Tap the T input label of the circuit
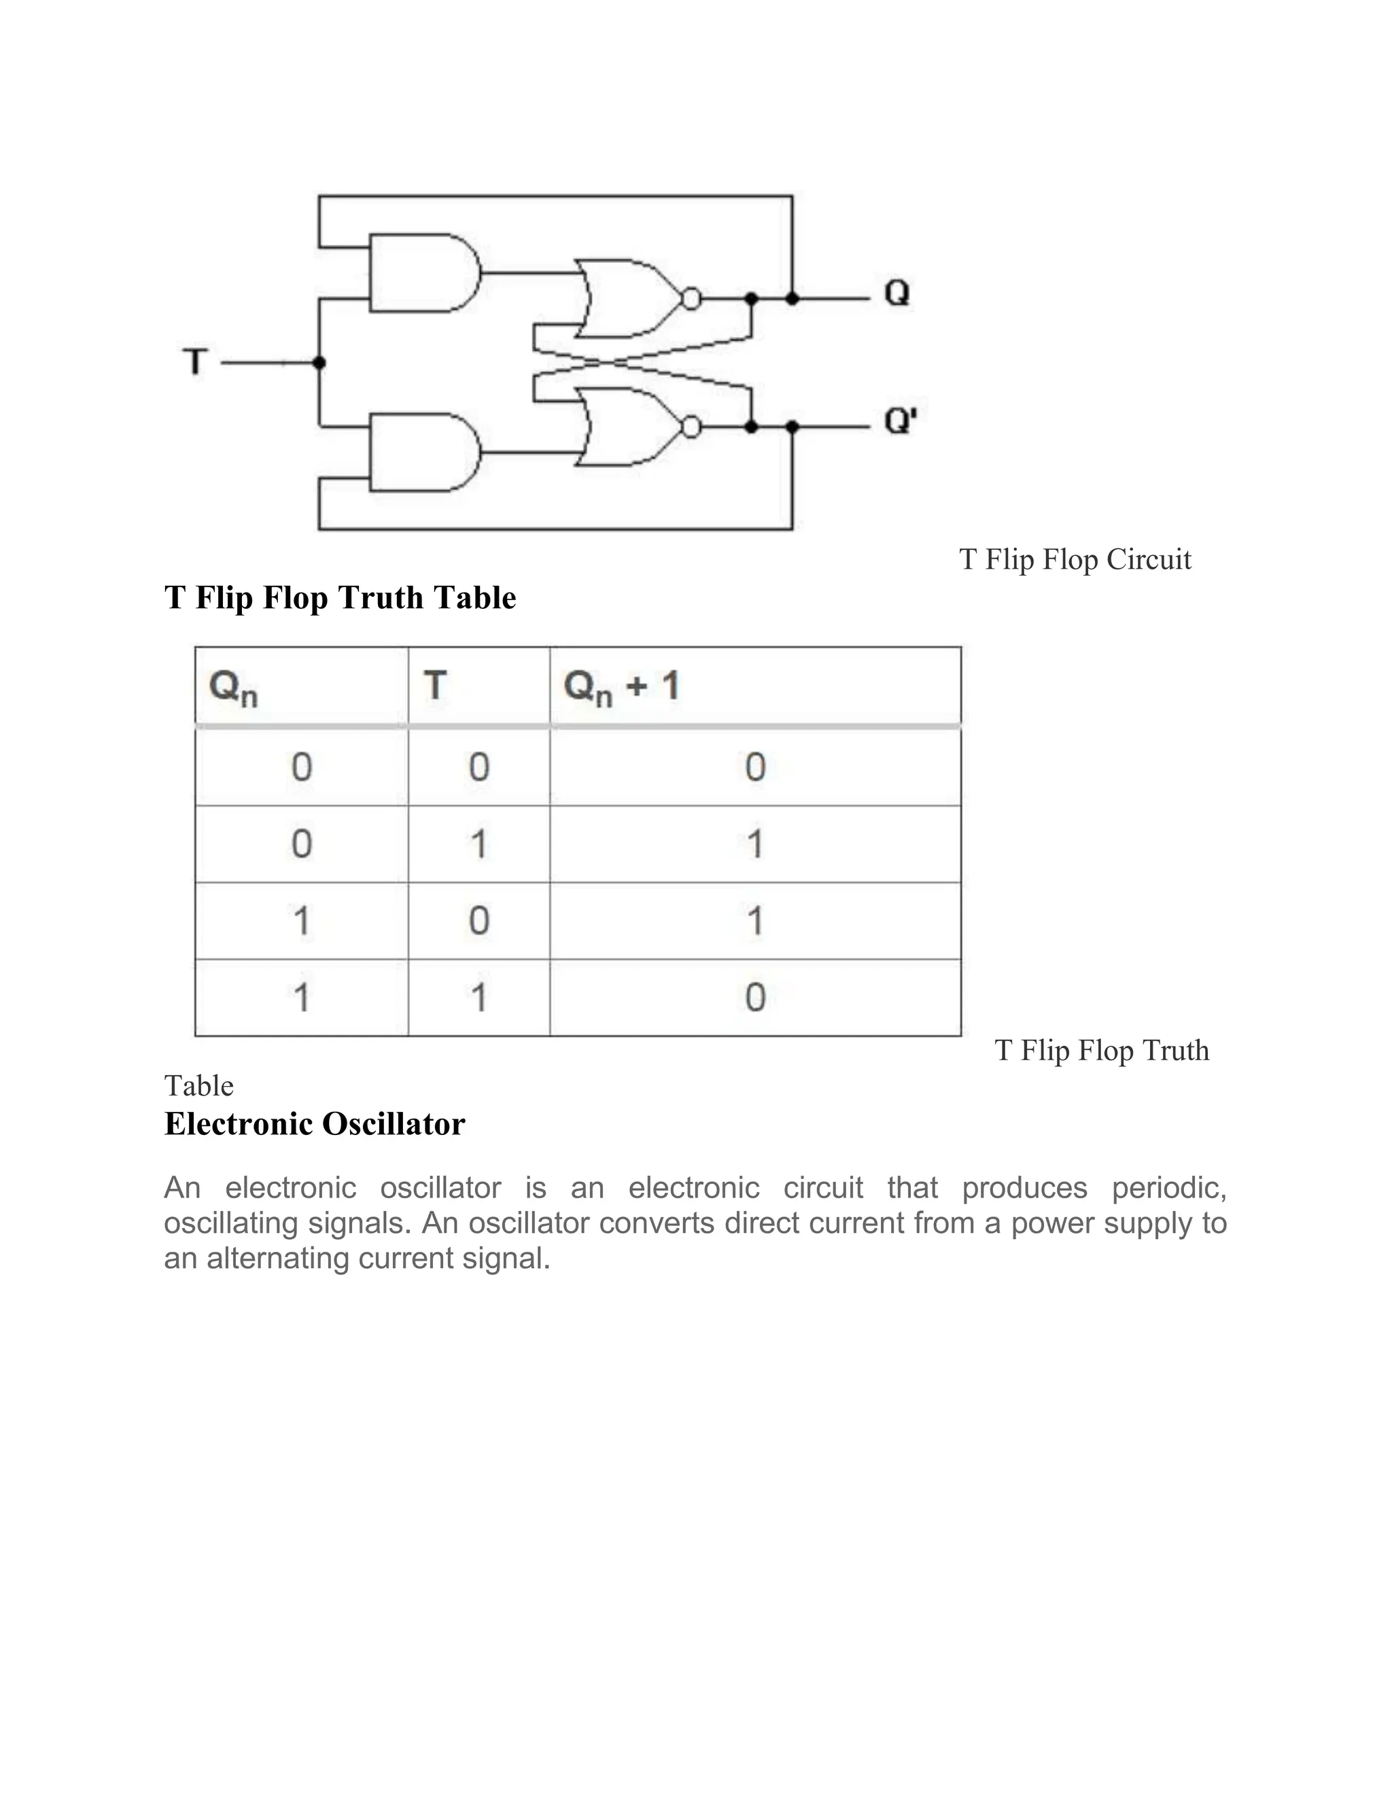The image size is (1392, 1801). [x=196, y=362]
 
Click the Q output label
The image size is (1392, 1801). [x=897, y=293]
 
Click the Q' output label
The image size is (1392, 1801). [x=900, y=421]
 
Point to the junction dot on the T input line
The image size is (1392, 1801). [x=319, y=363]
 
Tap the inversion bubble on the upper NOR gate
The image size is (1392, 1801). [x=692, y=298]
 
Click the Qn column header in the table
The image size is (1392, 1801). [x=233, y=687]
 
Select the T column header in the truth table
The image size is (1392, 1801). [x=434, y=685]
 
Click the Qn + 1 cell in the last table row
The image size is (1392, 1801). [x=754, y=997]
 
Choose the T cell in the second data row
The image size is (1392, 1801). [x=478, y=843]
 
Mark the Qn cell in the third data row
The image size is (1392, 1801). [x=301, y=920]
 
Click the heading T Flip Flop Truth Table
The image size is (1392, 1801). [x=340, y=597]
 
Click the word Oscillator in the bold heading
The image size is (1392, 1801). [x=394, y=1123]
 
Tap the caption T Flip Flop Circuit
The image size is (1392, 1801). [x=1075, y=559]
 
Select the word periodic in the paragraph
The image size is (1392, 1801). [x=1168, y=1188]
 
